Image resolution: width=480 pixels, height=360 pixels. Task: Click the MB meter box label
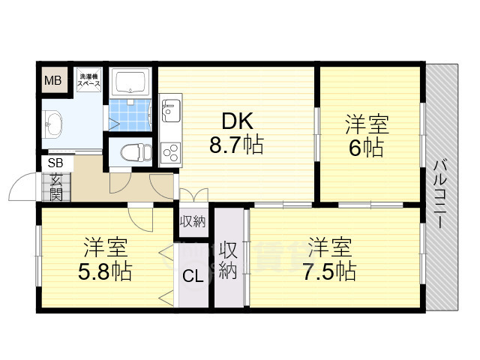click(53, 81)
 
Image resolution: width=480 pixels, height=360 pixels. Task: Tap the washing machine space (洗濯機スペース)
click(89, 79)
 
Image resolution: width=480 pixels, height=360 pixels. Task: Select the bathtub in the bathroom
click(130, 82)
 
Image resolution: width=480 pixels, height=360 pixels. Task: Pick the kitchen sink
click(171, 110)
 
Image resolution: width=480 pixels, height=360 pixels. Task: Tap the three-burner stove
click(170, 153)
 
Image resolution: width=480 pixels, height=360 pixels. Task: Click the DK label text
click(238, 121)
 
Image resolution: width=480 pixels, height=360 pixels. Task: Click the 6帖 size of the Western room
click(367, 148)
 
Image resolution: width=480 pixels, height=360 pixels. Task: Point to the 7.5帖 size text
click(330, 271)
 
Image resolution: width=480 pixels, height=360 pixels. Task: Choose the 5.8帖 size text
click(105, 271)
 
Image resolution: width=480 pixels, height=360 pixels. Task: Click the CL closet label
click(193, 277)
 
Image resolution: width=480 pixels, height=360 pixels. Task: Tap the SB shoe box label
click(55, 163)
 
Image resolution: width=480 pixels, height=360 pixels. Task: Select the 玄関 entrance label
click(56, 187)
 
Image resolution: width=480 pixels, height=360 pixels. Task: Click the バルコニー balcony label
click(439, 194)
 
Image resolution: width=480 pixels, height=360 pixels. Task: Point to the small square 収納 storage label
click(193, 221)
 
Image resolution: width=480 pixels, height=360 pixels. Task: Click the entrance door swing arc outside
click(18, 181)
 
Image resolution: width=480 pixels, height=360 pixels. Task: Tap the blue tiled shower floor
click(130, 115)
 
